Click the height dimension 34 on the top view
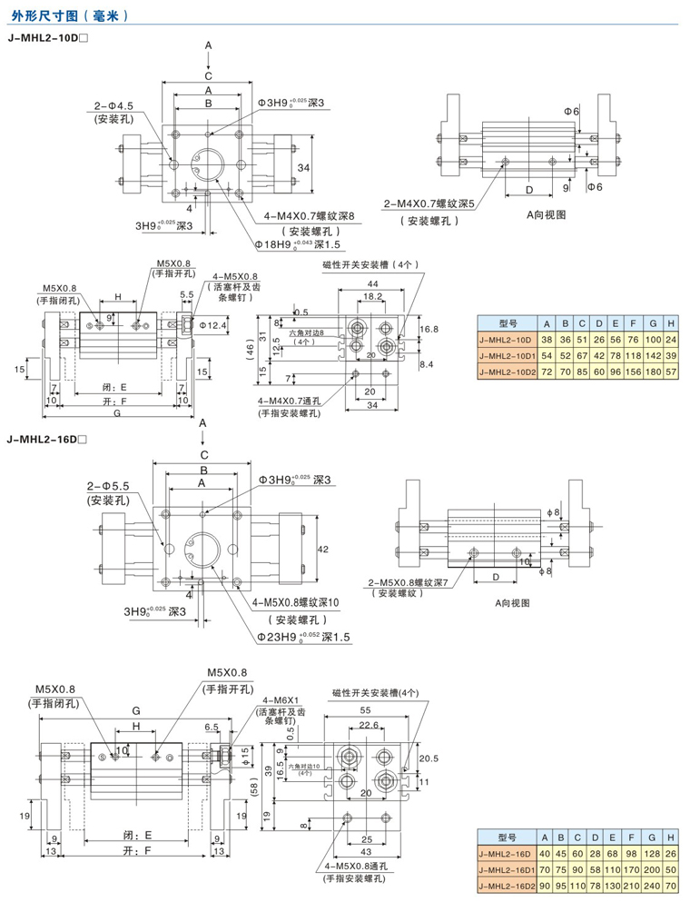click(304, 168)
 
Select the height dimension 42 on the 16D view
click(322, 549)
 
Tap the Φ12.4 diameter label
click(213, 323)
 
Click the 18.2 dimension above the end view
click(371, 297)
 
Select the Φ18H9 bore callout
click(294, 244)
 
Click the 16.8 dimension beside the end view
click(429, 329)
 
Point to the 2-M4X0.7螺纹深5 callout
click(430, 203)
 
